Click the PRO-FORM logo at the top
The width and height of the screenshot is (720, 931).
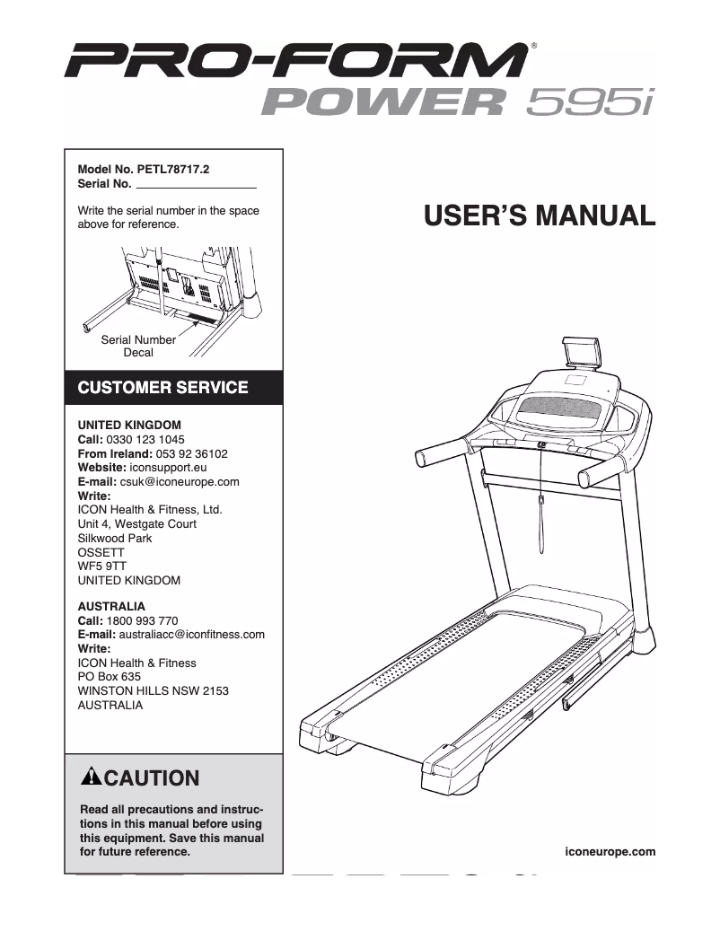pyautogui.click(x=296, y=63)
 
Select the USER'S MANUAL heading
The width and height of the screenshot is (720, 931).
pyautogui.click(x=539, y=215)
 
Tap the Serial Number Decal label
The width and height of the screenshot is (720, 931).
pyautogui.click(x=138, y=347)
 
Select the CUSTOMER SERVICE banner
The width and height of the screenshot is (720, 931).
pyautogui.click(x=163, y=389)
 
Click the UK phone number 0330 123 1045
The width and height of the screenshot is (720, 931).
pyautogui.click(x=145, y=440)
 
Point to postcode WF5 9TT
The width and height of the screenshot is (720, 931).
pyautogui.click(x=102, y=567)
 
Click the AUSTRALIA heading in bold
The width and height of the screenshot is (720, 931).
pyautogui.click(x=111, y=606)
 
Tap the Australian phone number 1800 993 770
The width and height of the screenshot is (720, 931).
pyautogui.click(x=142, y=620)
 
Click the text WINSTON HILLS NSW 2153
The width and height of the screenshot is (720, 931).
pyautogui.click(x=154, y=691)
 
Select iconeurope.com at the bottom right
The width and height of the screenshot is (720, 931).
pyautogui.click(x=611, y=851)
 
